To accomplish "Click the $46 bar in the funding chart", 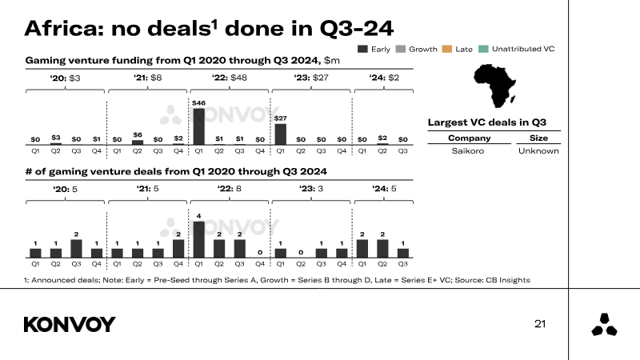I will point(199,126).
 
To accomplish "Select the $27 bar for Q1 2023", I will point(280,134).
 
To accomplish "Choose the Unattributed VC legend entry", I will point(517,50).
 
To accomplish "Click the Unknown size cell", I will point(538,150).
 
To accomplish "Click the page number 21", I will point(540,324).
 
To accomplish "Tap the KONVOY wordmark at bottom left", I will point(70,324).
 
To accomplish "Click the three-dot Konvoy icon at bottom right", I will point(604,325).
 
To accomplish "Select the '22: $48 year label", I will point(230,78).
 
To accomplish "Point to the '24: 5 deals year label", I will point(383,189).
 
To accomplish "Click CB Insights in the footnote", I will point(507,279).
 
